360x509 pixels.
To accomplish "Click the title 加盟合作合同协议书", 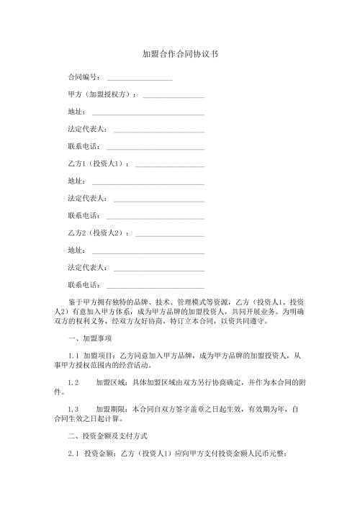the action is pos(180,54).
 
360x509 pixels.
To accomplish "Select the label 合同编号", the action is pos(83,77).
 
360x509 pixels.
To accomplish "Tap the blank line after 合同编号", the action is pos(140,78).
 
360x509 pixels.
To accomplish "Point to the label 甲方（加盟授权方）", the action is pos(100,94).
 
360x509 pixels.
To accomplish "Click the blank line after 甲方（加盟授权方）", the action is pos(174,95).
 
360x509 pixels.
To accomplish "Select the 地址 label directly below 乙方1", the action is pos(76,181).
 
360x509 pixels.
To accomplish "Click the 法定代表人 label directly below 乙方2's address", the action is pos(86,268).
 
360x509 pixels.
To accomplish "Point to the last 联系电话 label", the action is pos(83,286).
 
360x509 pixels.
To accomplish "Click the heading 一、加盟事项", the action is pos(89,338).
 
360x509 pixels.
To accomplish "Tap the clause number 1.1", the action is pos(73,356).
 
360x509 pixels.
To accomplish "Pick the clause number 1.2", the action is pos(72,382).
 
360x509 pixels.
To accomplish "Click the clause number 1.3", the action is pos(72,408).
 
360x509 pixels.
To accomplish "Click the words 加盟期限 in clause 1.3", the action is pos(109,408).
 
